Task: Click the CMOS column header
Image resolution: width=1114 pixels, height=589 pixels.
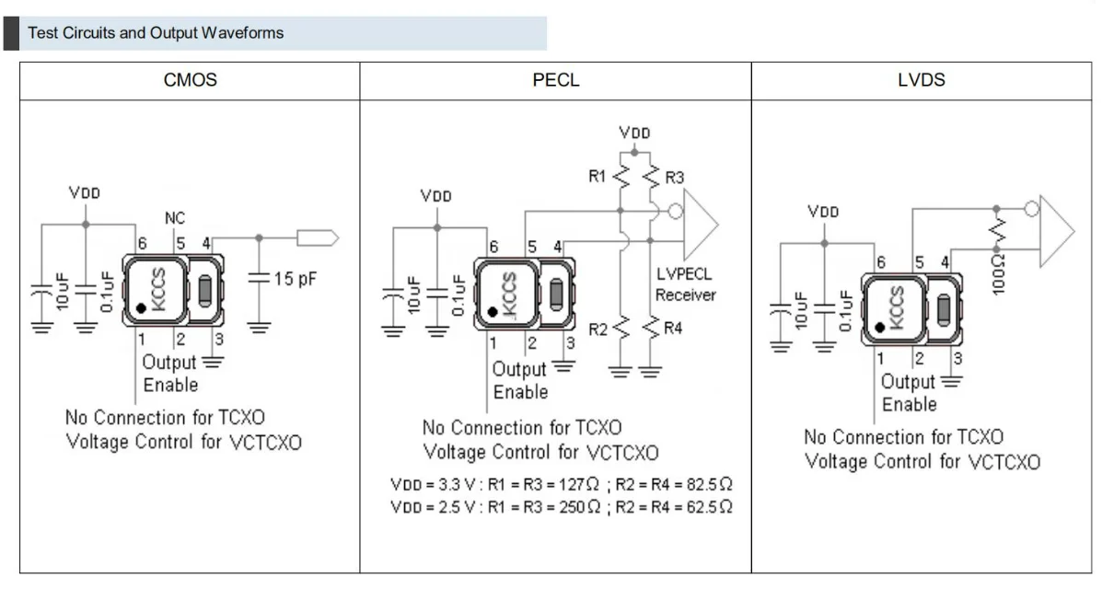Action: tap(190, 80)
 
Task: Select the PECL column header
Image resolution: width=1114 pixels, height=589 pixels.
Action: tap(556, 80)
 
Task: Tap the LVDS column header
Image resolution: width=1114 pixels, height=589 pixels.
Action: tap(921, 80)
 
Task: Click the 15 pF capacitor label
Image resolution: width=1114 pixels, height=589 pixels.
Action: tap(296, 278)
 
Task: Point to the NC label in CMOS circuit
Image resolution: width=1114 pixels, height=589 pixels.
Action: tap(175, 219)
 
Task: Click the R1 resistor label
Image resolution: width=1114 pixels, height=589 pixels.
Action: tap(598, 176)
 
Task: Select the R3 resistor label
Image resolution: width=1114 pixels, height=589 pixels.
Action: tap(674, 176)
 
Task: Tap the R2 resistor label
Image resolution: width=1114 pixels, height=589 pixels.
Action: tap(598, 329)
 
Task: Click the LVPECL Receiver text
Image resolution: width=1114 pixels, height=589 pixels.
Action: tap(685, 284)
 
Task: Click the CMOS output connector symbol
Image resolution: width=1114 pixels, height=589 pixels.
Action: tap(318, 238)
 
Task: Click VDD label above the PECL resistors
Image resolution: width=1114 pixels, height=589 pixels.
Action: tap(634, 133)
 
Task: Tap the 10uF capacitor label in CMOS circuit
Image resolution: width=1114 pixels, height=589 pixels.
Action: tap(61, 291)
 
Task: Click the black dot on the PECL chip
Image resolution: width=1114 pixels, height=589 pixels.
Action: tap(493, 312)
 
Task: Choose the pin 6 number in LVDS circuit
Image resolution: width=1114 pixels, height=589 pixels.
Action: tap(881, 263)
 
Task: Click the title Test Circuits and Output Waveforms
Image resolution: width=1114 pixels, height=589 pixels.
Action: tap(156, 33)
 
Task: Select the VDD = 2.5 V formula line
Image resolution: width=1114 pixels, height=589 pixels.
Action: tap(562, 506)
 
